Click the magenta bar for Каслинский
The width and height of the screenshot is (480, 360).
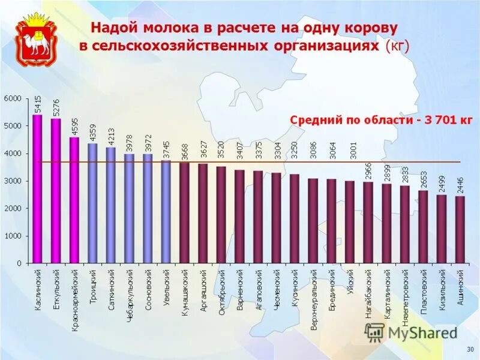pos(37,188)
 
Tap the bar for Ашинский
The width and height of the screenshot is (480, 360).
pos(460,229)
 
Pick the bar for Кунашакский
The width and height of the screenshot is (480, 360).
pos(184,212)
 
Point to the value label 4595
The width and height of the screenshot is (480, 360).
pos(74,127)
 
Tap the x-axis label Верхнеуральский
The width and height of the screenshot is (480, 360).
pos(313,296)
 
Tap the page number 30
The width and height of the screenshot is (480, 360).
pos(470,349)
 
